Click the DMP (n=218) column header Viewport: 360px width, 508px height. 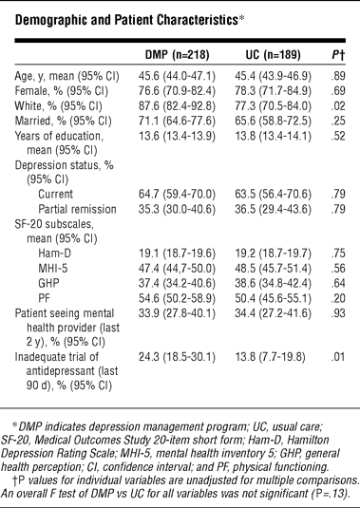tap(177, 54)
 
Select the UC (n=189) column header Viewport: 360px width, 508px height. tap(273, 54)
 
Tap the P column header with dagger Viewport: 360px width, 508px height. tap(338, 55)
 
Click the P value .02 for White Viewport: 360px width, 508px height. tap(338, 106)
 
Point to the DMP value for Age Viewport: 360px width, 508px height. tap(177, 76)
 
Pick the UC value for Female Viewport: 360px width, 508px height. tap(274, 91)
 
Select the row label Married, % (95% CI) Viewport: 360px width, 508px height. tap(64, 121)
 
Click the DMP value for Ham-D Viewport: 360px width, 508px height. tap(177, 253)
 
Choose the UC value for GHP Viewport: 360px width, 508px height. tap(274, 283)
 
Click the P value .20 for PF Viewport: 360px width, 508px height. tap(338, 298)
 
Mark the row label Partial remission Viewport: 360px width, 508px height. tap(77, 209)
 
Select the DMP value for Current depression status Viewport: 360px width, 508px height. tap(177, 194)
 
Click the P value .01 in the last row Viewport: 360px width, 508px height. tap(338, 357)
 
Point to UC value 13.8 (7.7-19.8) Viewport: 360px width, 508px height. tap(271, 357)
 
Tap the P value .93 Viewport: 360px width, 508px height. tap(338, 312)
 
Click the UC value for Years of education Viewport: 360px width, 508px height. tap(274, 136)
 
